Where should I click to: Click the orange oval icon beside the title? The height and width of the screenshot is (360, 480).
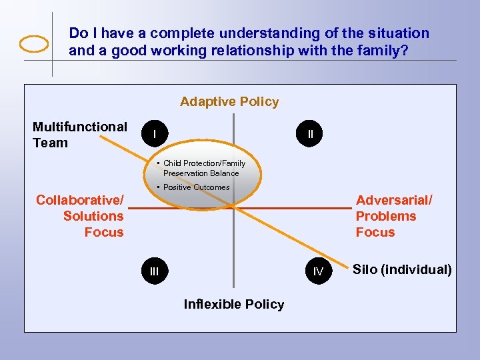pyautogui.click(x=34, y=43)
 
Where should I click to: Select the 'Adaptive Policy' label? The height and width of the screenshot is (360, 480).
pyautogui.click(x=229, y=101)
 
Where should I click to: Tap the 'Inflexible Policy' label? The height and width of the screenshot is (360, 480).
pyautogui.click(x=233, y=304)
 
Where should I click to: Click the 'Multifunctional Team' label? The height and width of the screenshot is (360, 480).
pyautogui.click(x=79, y=135)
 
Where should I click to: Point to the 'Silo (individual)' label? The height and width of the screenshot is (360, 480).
pyautogui.click(x=402, y=269)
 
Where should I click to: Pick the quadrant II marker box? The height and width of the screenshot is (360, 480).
pyautogui.click(x=311, y=134)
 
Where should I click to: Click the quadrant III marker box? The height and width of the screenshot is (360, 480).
pyautogui.click(x=155, y=271)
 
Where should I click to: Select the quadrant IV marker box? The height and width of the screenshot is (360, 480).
pyautogui.click(x=319, y=271)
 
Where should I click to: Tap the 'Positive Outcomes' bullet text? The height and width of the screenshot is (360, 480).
pyautogui.click(x=196, y=187)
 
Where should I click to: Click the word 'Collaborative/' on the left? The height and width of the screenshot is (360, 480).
pyautogui.click(x=79, y=200)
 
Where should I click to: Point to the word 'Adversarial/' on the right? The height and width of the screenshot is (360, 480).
pyautogui.click(x=394, y=200)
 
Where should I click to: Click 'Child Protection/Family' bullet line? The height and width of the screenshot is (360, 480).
pyautogui.click(x=204, y=163)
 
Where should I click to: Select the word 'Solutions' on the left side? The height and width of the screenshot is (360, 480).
pyautogui.click(x=93, y=216)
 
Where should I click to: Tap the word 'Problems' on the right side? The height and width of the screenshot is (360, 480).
pyautogui.click(x=385, y=216)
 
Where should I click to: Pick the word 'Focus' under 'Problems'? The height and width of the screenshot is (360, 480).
pyautogui.click(x=375, y=232)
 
